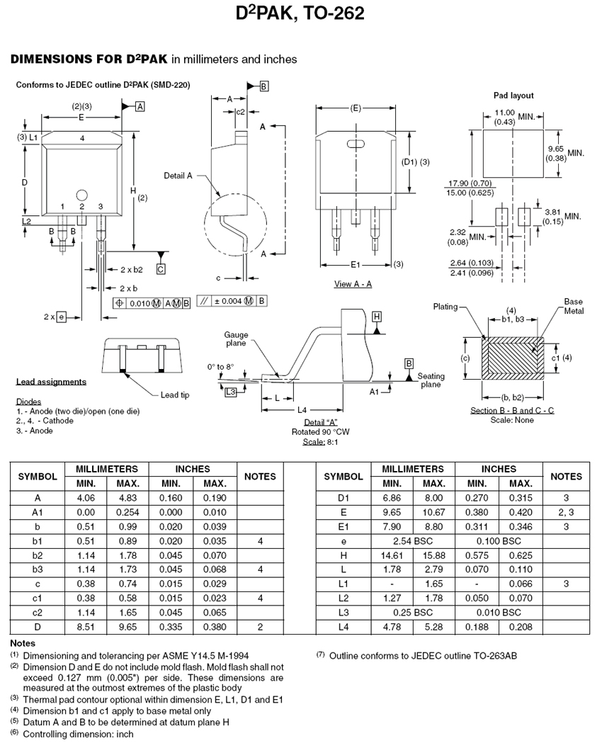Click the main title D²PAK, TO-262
[300, 13]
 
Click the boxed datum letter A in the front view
[140, 107]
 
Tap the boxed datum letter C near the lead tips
[161, 269]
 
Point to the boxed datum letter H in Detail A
[377, 317]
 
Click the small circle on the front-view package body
[82, 195]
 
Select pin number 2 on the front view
[82, 207]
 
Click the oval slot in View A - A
[356, 144]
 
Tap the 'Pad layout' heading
[513, 95]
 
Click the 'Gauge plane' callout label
[236, 339]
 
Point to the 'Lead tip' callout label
[175, 395]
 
